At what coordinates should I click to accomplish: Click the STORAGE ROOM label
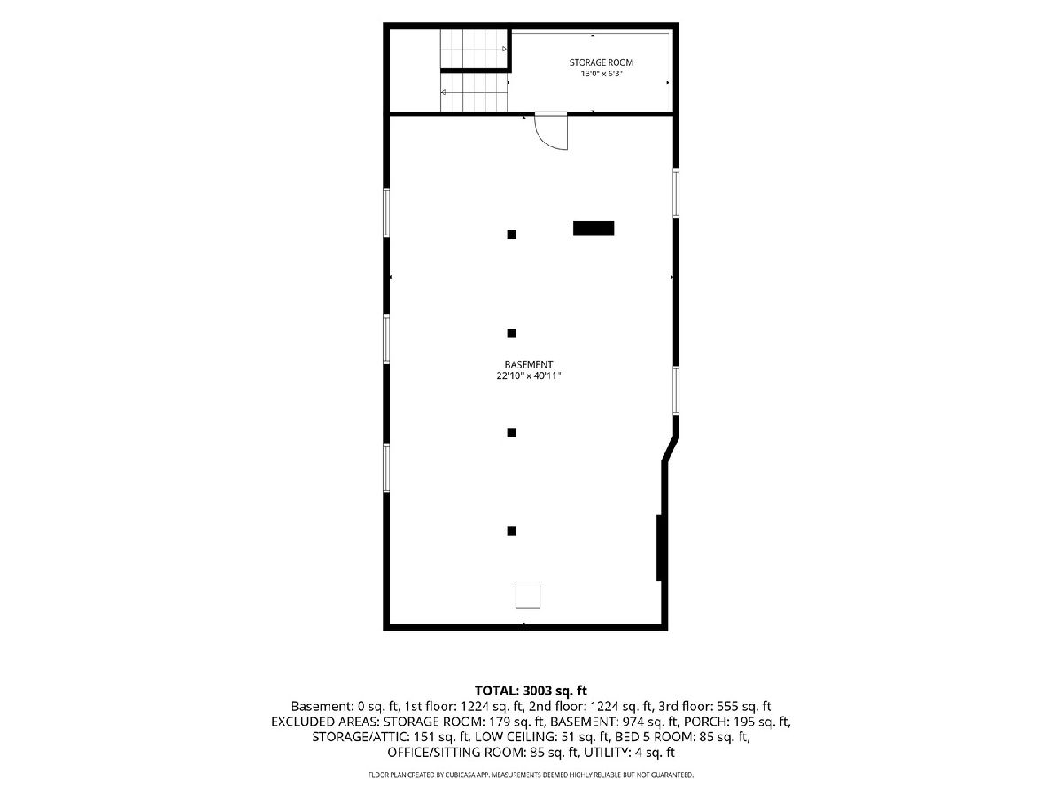coord(601,62)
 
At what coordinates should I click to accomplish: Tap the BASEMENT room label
coord(528,364)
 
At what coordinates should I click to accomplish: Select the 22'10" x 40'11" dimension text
coord(528,375)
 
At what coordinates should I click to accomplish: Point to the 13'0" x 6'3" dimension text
coord(601,74)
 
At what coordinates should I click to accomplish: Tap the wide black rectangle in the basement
coord(594,228)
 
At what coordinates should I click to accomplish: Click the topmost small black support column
coord(511,235)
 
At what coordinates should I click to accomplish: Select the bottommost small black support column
coord(511,530)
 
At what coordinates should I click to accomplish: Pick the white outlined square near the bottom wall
coord(528,596)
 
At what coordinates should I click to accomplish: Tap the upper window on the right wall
coord(676,192)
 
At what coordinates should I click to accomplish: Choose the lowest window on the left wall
coord(386,468)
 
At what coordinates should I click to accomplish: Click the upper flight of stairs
coord(473,49)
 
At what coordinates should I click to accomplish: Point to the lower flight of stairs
coord(474,92)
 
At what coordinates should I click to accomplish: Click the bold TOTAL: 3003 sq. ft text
coord(531,691)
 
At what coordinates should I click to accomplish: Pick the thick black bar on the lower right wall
coord(660,546)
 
